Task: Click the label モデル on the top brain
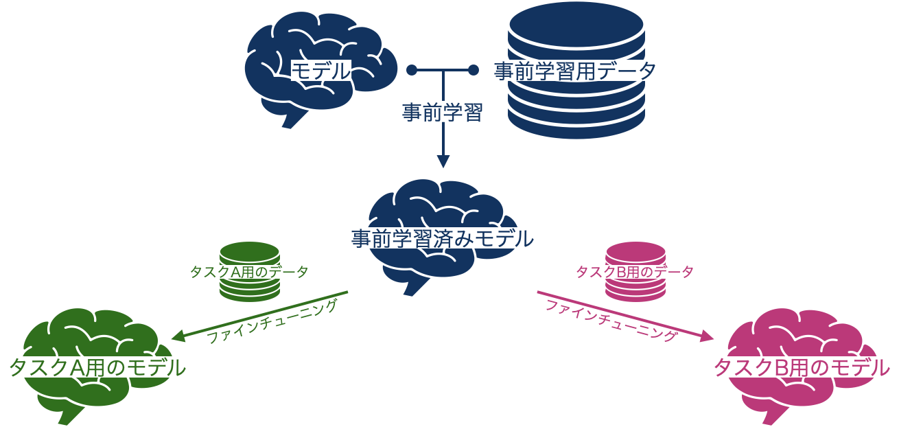(321, 71)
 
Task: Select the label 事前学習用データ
(575, 71)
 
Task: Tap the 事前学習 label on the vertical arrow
(443, 112)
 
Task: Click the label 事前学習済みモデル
(443, 239)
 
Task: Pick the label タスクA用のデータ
(249, 272)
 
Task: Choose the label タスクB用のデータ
(635, 272)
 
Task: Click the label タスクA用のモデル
(97, 367)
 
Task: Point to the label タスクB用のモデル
(802, 368)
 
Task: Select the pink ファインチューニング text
(611, 321)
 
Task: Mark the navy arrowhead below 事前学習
(443, 161)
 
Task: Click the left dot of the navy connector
(412, 70)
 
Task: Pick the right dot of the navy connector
(473, 70)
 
